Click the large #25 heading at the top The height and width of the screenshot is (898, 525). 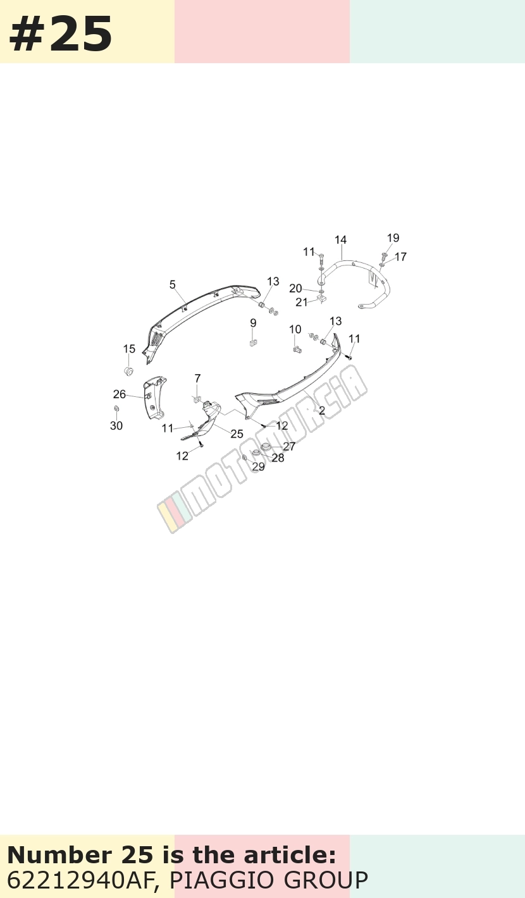tap(60, 34)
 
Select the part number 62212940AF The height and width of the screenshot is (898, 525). tap(80, 880)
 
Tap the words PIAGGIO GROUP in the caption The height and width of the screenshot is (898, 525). tap(269, 880)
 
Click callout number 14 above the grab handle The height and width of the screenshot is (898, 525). tap(340, 240)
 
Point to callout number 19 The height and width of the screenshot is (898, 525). tap(393, 238)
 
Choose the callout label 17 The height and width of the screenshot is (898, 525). tap(400, 257)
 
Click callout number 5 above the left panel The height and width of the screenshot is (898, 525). tap(172, 284)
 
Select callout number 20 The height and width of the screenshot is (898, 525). tap(295, 288)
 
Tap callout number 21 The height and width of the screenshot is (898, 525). tap(302, 302)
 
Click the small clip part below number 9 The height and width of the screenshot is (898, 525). tap(253, 343)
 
